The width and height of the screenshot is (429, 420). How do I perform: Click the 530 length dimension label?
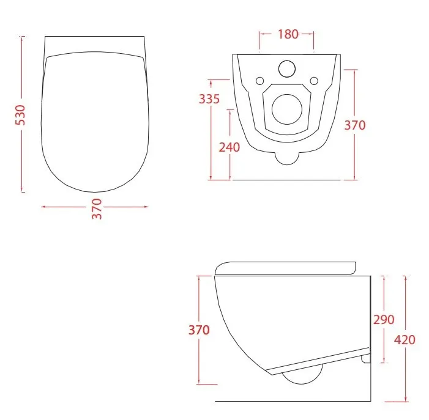[20, 115]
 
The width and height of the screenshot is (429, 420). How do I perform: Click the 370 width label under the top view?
[97, 209]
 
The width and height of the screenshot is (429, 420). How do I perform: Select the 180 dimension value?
[288, 34]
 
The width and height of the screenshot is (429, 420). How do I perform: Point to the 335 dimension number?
[209, 99]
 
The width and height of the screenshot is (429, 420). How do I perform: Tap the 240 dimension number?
[229, 147]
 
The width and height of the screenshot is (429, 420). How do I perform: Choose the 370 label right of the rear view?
[355, 125]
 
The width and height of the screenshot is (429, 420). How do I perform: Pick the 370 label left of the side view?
[199, 330]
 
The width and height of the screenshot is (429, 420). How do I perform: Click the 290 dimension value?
[384, 320]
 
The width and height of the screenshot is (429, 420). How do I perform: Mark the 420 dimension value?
[405, 340]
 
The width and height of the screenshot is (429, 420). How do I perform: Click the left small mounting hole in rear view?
[259, 81]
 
